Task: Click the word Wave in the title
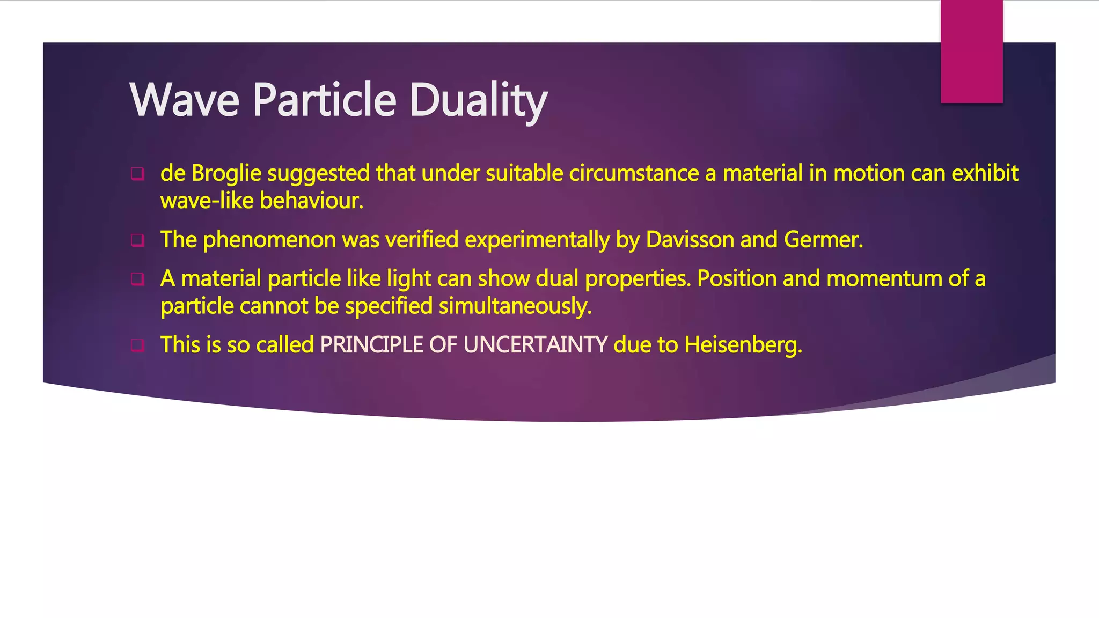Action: [x=184, y=100]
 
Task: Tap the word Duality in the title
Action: [x=478, y=101]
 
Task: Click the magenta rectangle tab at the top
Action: [x=971, y=51]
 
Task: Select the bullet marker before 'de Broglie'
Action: [x=137, y=174]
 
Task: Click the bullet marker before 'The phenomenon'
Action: [x=137, y=240]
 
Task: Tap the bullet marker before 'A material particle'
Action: [x=137, y=279]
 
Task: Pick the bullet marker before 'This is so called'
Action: [x=137, y=345]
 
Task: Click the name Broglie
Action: [x=226, y=174]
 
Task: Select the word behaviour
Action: [x=311, y=201]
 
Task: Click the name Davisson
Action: [x=690, y=240]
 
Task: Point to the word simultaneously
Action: [x=515, y=306]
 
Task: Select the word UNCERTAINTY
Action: [x=535, y=345]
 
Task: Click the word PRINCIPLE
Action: [x=371, y=345]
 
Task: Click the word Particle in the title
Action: [x=324, y=100]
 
